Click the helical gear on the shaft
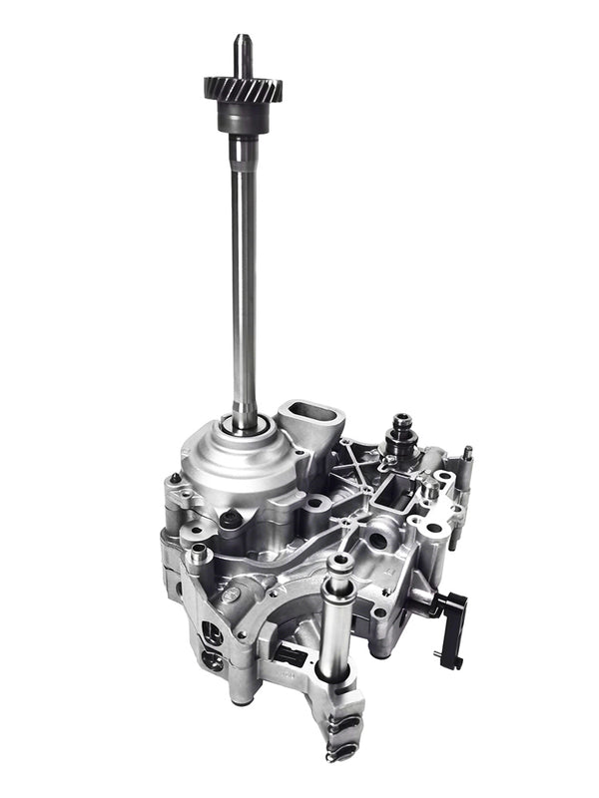243,88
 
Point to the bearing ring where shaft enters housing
246,426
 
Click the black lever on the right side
449,623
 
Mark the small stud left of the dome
177,479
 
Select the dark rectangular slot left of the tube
290,653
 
